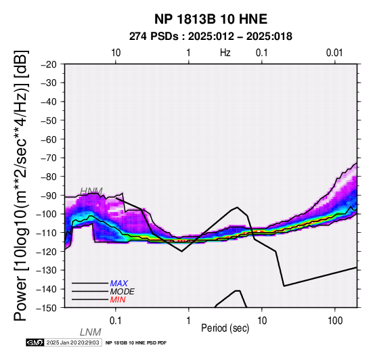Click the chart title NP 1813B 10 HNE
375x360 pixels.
click(211, 19)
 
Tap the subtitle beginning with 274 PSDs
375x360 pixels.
click(211, 37)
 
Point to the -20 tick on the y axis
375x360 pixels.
click(49, 64)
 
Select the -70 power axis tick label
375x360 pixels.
click(49, 158)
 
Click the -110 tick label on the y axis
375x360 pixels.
click(47, 233)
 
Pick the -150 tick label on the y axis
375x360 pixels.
click(47, 308)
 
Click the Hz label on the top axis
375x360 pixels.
click(225, 53)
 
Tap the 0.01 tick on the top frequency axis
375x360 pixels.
click(335, 53)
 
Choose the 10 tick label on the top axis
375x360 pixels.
click(116, 53)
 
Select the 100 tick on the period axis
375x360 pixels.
click(335, 321)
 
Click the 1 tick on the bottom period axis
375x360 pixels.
click(189, 321)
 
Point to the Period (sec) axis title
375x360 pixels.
click(225, 328)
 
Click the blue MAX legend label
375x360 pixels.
click(119, 284)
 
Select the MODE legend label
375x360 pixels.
click(123, 292)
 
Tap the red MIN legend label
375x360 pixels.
click(118, 300)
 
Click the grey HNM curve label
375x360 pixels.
click(91, 192)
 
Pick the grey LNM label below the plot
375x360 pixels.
click(91, 332)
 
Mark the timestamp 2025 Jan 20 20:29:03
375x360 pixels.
click(72, 342)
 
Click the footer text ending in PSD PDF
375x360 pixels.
click(136, 343)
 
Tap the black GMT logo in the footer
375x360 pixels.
click(35, 342)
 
